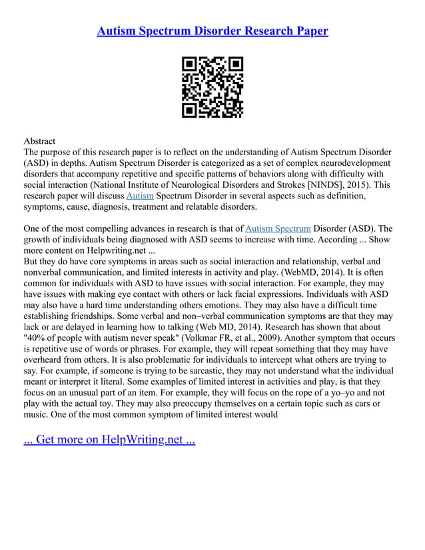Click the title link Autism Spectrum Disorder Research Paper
212,31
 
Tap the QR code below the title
212,87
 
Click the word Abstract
39,141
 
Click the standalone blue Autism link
140,196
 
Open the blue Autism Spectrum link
278,228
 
